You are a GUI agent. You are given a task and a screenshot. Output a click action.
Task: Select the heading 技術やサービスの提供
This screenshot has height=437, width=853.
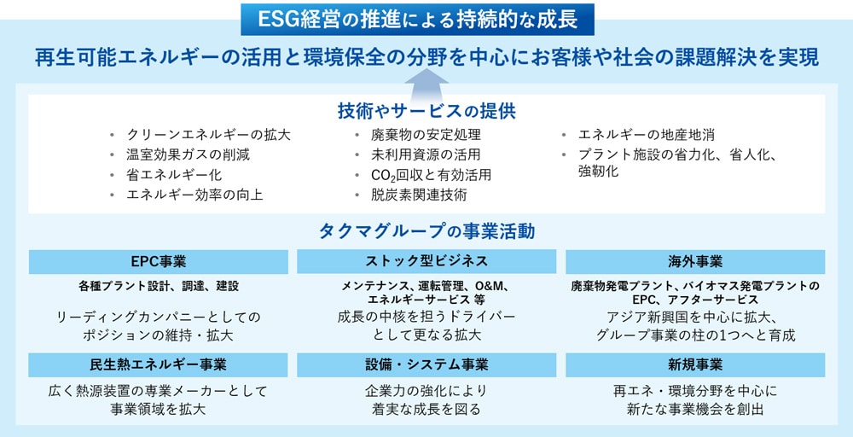pos(426,111)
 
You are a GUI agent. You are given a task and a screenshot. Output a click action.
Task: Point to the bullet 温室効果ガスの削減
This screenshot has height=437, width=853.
pos(188,154)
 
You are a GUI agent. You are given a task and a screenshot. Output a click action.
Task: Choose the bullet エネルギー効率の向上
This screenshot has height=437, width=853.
pos(194,195)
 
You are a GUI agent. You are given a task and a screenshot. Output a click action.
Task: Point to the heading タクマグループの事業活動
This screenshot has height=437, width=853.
pos(426,231)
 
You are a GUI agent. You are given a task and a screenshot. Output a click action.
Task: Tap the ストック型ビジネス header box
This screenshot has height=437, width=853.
pos(426,261)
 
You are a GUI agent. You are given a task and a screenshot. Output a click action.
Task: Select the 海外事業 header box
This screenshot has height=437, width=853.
pos(695,261)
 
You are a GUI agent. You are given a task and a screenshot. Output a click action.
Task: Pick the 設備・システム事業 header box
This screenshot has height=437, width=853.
pos(426,364)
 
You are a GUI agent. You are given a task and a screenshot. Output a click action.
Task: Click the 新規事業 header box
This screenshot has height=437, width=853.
pos(695,364)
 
